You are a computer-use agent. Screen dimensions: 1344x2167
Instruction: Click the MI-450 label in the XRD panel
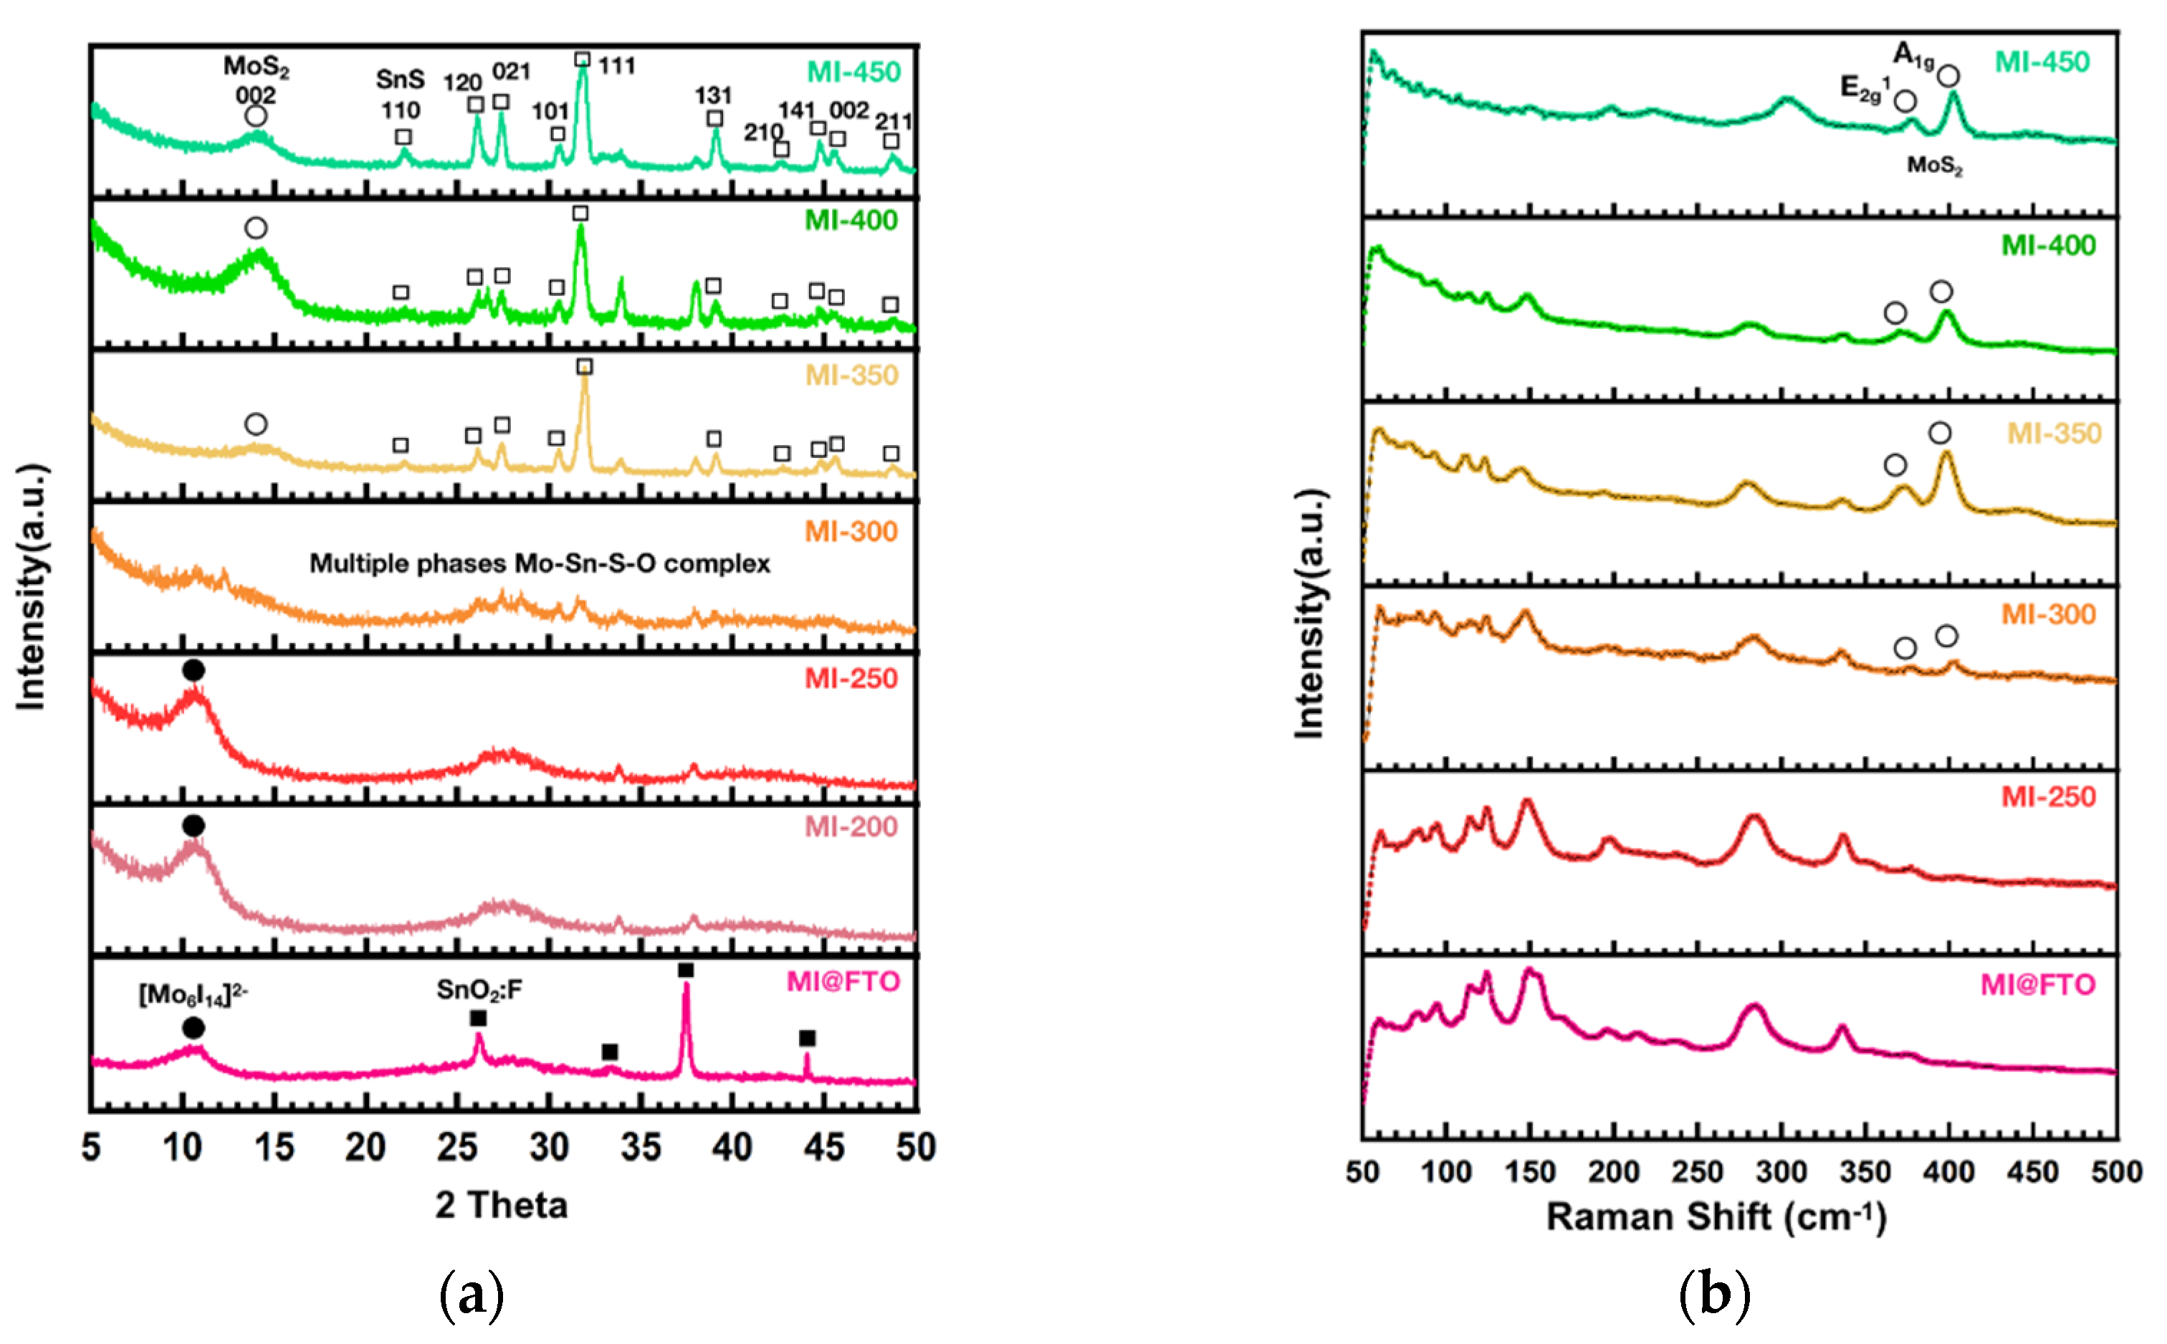coord(853,72)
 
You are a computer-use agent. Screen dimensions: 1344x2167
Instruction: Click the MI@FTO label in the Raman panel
coord(2037,985)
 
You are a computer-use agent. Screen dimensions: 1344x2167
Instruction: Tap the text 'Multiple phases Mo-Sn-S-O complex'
coord(540,563)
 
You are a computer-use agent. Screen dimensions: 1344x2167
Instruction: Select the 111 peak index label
coord(616,66)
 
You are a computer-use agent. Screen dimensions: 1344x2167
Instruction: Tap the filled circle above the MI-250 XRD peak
coord(193,670)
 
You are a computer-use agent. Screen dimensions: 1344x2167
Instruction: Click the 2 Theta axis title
coord(501,1206)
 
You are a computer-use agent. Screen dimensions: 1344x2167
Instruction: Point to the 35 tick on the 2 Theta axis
coord(641,1148)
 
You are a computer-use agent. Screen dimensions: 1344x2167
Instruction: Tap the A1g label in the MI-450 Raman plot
coord(1912,56)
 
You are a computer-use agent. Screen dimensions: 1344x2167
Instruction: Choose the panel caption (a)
coord(472,1296)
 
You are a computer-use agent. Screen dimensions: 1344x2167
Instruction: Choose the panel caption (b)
coord(1714,1296)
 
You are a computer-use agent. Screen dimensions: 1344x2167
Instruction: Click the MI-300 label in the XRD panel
coord(851,532)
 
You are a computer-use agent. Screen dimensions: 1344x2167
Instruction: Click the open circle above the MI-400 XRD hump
coord(256,229)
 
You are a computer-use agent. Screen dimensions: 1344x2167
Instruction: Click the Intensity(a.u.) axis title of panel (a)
coord(31,586)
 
